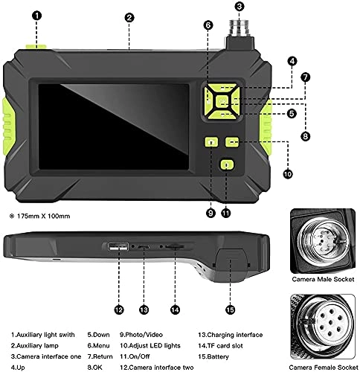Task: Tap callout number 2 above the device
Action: pyautogui.click(x=129, y=16)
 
